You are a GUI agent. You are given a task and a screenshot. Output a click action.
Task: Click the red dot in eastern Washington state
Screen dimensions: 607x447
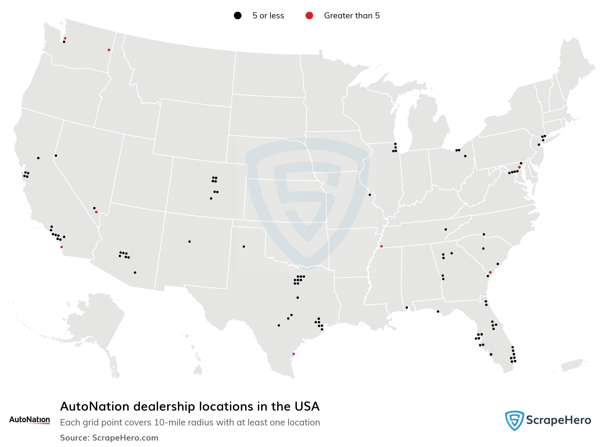pos(109,50)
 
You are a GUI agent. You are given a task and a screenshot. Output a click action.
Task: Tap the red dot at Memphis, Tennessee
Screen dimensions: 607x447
pos(381,246)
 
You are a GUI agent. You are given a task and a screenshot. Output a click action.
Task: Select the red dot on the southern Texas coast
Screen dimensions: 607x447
pos(294,354)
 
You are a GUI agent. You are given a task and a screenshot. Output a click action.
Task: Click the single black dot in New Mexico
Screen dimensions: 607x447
pos(189,242)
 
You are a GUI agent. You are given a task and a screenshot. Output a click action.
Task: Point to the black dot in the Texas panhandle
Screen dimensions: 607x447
pos(244,246)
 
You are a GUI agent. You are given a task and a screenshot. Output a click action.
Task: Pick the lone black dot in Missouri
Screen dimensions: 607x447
pos(370,195)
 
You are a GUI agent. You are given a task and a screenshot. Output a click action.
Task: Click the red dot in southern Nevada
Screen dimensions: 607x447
pos(96,212)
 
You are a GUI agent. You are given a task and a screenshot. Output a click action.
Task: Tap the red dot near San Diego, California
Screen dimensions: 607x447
pos(62,247)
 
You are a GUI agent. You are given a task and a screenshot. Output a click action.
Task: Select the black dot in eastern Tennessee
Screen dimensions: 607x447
pos(446,230)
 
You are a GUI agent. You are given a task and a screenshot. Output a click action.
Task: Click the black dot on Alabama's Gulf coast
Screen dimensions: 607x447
pos(407,308)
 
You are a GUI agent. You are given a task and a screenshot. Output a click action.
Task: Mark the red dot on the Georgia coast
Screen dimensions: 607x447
pos(490,272)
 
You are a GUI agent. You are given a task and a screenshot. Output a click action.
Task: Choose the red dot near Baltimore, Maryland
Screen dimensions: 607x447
pos(519,167)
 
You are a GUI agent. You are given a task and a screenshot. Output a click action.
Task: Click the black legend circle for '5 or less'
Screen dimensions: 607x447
pos(238,16)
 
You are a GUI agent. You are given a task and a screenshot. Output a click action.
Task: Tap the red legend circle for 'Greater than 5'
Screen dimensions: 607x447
pos(309,16)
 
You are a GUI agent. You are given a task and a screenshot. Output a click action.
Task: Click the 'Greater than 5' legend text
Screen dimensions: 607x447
pos(352,16)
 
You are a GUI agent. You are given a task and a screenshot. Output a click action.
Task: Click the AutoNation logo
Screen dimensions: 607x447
pos(30,420)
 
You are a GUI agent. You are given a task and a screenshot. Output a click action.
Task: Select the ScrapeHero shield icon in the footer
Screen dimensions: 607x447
pos(514,420)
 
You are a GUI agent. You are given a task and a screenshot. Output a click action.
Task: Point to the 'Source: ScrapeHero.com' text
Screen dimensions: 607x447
pos(109,438)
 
